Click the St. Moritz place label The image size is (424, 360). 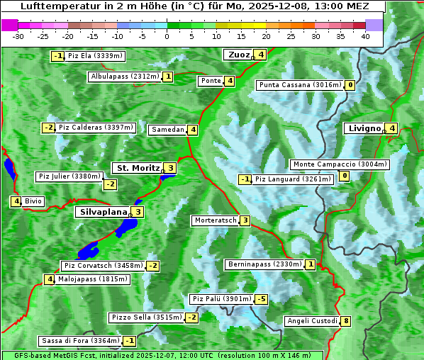[138, 168]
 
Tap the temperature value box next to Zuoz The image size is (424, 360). [261, 55]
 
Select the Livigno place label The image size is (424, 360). [364, 128]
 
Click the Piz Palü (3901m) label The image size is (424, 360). [221, 299]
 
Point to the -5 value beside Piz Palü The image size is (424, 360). [262, 299]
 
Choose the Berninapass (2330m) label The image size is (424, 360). [264, 264]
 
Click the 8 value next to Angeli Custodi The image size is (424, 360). [345, 321]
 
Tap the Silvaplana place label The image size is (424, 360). [104, 211]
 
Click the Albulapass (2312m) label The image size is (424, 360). [125, 77]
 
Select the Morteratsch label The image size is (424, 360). [215, 220]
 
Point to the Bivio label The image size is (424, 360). [33, 201]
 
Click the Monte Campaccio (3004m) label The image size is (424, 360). [340, 164]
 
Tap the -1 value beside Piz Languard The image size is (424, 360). [245, 179]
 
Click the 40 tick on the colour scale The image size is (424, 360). [365, 36]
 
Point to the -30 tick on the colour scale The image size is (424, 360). [18, 36]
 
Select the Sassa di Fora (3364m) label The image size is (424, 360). [80, 341]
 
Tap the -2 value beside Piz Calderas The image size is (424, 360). [48, 128]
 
